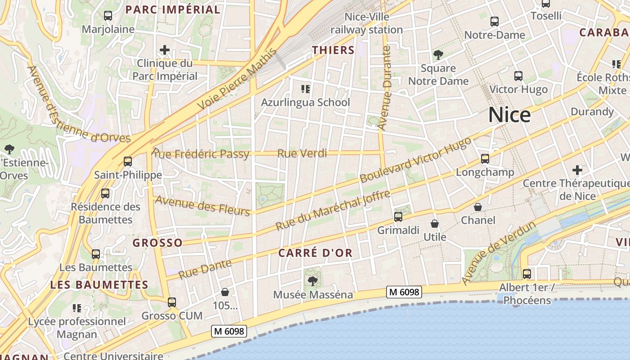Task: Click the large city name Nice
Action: [509, 115]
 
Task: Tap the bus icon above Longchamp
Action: [485, 159]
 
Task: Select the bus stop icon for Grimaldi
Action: [398, 217]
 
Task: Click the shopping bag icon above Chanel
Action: [477, 207]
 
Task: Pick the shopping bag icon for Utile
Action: [435, 224]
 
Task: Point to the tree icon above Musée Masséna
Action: [312, 281]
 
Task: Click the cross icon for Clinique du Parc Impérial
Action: [165, 50]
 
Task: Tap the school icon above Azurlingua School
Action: [306, 89]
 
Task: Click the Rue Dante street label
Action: [205, 269]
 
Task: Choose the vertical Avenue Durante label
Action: [385, 88]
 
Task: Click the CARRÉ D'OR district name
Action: [315, 253]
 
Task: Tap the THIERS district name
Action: [333, 50]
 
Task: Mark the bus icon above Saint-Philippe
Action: [128, 161]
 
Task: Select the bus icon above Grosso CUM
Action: [172, 302]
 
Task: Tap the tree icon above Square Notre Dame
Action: [438, 55]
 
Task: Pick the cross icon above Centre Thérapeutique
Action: [577, 170]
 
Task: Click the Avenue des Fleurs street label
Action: [202, 206]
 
